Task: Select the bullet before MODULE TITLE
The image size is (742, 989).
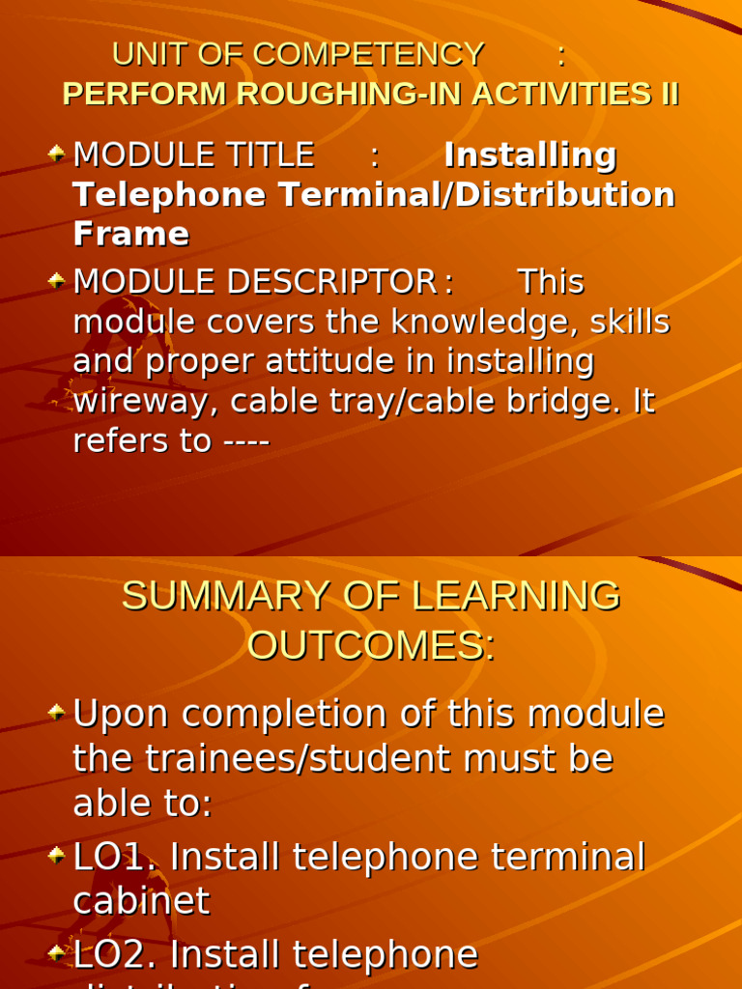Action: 57,153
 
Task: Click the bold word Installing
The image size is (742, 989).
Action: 529,155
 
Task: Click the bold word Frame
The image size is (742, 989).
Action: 130,235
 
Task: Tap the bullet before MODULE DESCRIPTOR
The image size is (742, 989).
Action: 57,280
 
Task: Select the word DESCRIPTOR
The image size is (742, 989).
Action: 331,282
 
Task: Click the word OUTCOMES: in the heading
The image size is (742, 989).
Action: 371,646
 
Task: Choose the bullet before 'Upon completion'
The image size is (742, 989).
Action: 57,714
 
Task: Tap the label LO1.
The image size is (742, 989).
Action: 114,858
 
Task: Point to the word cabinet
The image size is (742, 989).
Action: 141,902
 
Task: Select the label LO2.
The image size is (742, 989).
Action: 114,955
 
